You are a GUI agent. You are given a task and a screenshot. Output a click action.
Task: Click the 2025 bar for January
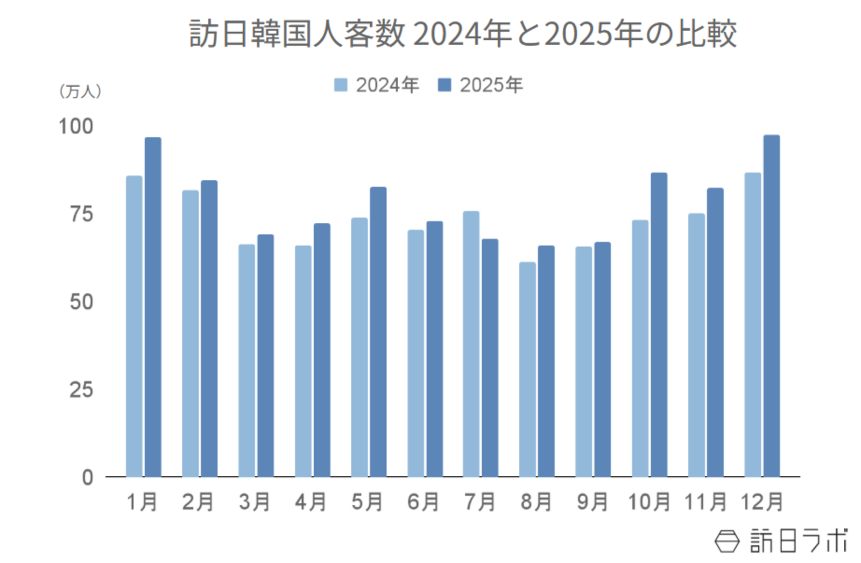[x=153, y=307]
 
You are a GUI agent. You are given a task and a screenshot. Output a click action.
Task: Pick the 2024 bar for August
[x=527, y=369]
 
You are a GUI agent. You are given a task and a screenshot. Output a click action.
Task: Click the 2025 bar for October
[x=659, y=325]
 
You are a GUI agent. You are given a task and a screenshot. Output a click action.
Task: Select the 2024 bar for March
[x=246, y=360]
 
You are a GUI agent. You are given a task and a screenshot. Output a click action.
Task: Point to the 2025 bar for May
[x=378, y=332]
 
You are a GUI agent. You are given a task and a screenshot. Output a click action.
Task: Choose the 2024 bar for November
[x=696, y=344]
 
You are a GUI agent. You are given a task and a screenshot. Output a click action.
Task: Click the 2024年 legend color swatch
[x=341, y=85]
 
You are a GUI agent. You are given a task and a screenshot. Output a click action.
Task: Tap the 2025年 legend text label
[x=491, y=85]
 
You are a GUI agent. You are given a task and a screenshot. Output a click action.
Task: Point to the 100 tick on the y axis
[x=76, y=126]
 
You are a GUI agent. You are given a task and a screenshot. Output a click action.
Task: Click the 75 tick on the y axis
[x=81, y=214]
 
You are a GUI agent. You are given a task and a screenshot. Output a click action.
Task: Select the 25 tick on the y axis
[x=81, y=390]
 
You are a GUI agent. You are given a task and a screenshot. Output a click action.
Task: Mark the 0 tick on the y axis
[x=87, y=477]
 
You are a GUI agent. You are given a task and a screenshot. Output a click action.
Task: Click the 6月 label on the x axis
[x=423, y=502]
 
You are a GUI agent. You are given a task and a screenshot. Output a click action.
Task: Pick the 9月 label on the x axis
[x=592, y=502]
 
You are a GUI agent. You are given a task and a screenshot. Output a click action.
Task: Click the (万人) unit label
[x=80, y=91]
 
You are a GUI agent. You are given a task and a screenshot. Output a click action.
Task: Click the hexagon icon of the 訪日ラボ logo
[x=727, y=541]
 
